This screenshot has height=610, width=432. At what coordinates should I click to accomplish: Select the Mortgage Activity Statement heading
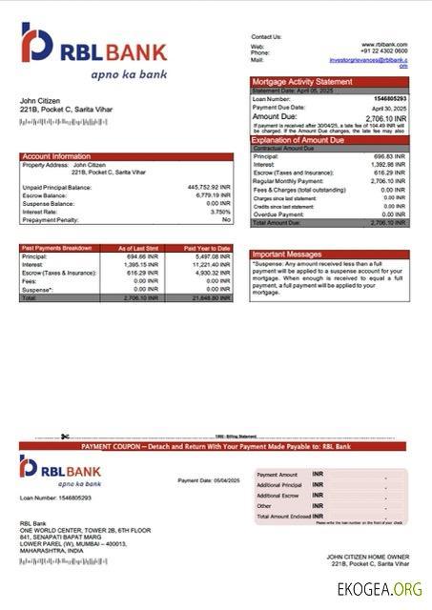301,83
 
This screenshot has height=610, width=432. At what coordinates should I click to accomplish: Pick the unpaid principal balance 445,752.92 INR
209,187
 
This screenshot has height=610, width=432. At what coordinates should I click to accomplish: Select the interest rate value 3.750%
219,212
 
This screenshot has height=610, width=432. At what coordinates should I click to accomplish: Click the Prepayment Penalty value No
226,219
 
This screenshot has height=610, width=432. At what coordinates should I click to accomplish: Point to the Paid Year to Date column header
206,248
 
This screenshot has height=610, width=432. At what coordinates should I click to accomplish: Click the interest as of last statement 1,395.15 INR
141,265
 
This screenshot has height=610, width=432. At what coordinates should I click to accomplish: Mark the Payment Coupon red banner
216,446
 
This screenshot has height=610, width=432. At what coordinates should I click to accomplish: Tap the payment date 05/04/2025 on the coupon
223,480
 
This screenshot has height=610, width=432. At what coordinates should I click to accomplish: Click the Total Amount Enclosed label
282,516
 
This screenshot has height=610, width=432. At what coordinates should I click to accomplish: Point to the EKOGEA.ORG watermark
380,590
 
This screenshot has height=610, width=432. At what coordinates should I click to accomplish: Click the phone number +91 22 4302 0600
384,51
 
